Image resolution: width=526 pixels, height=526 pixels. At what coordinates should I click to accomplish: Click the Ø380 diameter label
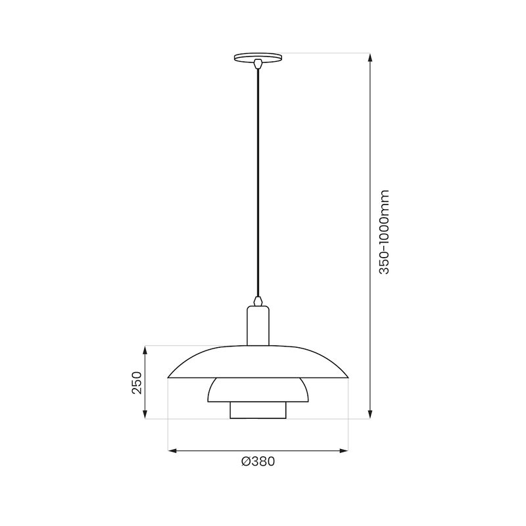[258, 462]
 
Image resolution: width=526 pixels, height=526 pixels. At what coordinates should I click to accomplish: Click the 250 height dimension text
[137, 382]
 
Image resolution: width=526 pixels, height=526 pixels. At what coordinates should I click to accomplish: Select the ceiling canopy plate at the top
[258, 57]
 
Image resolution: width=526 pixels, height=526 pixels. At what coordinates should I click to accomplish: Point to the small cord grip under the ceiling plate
[258, 64]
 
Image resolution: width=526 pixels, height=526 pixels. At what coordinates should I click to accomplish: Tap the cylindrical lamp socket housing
[258, 325]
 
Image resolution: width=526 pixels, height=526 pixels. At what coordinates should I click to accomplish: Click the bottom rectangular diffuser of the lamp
[258, 410]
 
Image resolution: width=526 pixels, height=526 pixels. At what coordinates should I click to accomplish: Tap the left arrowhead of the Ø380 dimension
[172, 450]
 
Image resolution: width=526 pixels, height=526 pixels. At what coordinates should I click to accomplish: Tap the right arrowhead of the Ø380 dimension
[345, 450]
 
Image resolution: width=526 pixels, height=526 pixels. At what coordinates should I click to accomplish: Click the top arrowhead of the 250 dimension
[146, 349]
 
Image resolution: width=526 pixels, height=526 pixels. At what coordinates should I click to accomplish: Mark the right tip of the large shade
[347, 377]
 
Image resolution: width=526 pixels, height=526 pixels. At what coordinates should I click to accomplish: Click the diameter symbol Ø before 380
[245, 462]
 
